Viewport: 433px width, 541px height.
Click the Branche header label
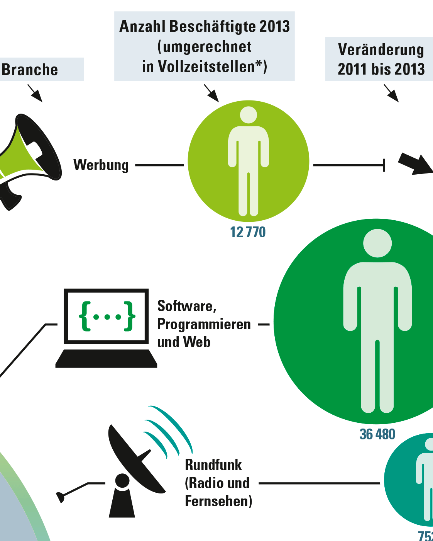pyautogui.click(x=30, y=70)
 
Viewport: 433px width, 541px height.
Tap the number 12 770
pyautogui.click(x=248, y=232)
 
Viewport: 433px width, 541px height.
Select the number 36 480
pyautogui.click(x=377, y=434)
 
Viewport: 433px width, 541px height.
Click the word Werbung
pyautogui.click(x=101, y=165)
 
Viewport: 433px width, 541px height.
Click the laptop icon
pyautogui.click(x=106, y=328)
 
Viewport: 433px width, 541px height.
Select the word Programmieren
pyautogui.click(x=204, y=325)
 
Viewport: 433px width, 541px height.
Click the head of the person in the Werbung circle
pyautogui.click(x=249, y=115)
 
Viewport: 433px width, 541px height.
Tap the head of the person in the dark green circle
pyautogui.click(x=377, y=243)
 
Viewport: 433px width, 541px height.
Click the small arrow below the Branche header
pyautogui.click(x=35, y=93)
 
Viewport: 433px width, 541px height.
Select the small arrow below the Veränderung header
pyautogui.click(x=391, y=93)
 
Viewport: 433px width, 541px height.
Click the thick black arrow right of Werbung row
pyautogui.click(x=416, y=164)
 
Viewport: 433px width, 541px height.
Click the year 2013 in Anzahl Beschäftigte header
pyautogui.click(x=275, y=26)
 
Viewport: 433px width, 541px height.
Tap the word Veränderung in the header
pyautogui.click(x=381, y=50)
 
